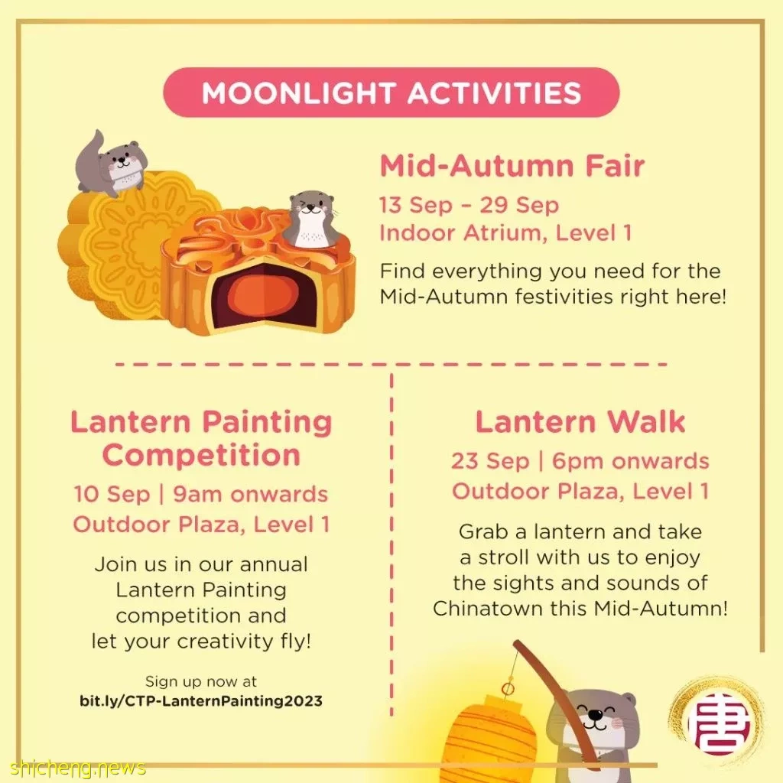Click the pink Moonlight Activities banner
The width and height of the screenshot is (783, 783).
coord(391,93)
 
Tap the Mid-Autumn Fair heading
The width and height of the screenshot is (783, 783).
coord(512,166)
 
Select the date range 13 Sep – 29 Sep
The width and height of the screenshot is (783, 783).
coord(469,205)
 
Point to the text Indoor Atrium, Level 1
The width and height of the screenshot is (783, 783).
coord(505,233)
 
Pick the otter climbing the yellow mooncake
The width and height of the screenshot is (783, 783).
coord(111,162)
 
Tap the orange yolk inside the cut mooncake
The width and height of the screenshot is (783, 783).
coord(265,297)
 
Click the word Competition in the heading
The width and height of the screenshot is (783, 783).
coord(201,456)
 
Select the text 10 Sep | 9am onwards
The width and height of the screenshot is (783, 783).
coord(201,495)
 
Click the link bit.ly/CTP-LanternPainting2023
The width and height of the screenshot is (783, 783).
coord(201,700)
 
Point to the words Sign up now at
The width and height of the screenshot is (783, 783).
coord(201,681)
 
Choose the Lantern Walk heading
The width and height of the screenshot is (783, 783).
coord(580,422)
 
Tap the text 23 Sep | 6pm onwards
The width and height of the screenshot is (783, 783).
coord(580,461)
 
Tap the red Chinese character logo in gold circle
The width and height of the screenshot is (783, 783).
coord(717,721)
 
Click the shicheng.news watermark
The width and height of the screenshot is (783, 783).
coord(77,768)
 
